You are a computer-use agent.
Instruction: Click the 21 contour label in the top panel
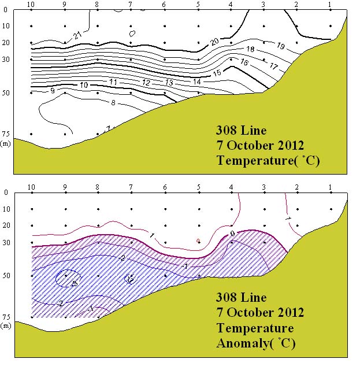pos(78,36)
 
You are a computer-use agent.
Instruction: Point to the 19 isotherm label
pos(281,46)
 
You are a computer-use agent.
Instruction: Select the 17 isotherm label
pos(274,66)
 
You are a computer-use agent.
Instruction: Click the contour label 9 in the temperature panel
pos(53,90)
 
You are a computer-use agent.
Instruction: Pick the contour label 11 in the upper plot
pos(113,83)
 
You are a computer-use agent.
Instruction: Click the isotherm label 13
pos(169,83)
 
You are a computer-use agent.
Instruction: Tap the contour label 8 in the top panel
pos(113,103)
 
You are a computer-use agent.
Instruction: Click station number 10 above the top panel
pos(31,5)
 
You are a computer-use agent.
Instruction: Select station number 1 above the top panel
pos(330,5)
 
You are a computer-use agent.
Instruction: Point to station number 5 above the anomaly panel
pos(199,187)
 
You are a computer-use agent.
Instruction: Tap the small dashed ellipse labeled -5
pos(68,279)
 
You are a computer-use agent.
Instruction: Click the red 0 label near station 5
pos(198,240)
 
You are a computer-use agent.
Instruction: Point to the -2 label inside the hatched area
pos(123,258)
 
